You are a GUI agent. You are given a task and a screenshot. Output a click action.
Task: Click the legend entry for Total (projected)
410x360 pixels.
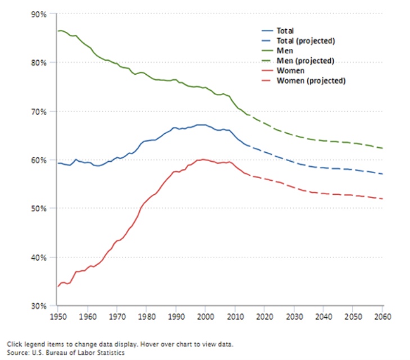point(306,41)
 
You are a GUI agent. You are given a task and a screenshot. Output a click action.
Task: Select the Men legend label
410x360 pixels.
point(285,51)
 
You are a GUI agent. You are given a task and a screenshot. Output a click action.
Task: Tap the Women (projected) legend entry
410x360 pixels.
point(311,80)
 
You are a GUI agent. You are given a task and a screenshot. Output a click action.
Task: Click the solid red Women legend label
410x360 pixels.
point(290,71)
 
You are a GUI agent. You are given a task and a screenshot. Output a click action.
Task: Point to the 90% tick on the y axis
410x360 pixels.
point(39,13)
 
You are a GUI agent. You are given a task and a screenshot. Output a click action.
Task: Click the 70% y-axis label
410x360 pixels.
point(39,111)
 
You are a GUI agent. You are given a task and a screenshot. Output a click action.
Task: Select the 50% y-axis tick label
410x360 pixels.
point(39,208)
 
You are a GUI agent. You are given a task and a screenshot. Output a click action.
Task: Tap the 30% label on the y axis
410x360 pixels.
point(39,306)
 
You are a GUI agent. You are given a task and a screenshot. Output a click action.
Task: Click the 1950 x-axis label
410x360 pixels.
point(58,317)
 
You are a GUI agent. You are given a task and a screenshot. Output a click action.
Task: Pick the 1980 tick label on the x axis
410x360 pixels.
point(146,317)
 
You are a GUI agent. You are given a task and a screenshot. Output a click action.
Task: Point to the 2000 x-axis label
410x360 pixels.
point(205,317)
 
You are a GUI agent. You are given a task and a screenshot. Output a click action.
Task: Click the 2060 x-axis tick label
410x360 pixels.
point(382,317)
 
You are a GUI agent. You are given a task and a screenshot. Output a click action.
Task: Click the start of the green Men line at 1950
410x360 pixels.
point(58,31)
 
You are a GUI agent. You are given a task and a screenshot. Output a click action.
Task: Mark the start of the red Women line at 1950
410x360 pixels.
point(58,286)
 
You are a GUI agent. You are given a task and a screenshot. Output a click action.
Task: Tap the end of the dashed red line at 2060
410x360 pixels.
point(382,199)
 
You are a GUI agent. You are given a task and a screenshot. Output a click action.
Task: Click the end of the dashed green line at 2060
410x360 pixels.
point(382,148)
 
